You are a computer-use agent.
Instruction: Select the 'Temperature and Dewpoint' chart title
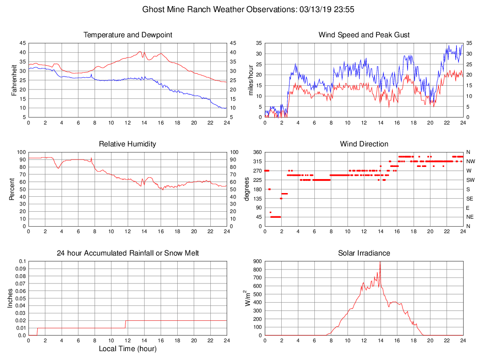(x=127, y=35)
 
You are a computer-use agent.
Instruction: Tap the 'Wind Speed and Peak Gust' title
(x=364, y=35)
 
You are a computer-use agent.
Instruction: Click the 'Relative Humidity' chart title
(x=127, y=144)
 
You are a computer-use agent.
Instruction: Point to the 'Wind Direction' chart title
(x=364, y=144)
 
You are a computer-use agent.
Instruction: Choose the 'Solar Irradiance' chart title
(x=364, y=253)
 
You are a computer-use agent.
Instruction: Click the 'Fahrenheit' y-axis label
(x=14, y=80)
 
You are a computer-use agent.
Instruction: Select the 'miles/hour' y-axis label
(x=250, y=80)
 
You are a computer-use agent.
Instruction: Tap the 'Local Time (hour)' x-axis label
(x=127, y=349)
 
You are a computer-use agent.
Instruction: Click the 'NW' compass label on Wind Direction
(x=470, y=161)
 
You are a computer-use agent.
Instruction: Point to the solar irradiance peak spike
(x=380, y=263)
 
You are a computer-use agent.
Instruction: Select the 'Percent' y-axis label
(x=12, y=189)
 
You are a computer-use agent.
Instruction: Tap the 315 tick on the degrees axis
(x=256, y=161)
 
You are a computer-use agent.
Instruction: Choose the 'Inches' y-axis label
(x=10, y=298)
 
